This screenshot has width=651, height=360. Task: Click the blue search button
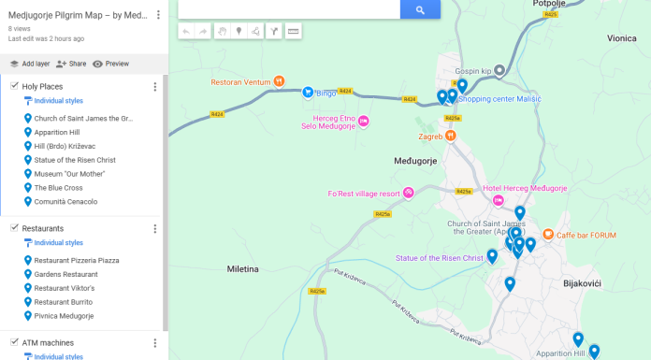click(x=420, y=9)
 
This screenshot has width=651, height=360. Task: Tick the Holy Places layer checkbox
click(x=14, y=86)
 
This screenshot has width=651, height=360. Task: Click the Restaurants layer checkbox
click(x=14, y=228)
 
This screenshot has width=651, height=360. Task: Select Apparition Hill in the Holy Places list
click(x=56, y=133)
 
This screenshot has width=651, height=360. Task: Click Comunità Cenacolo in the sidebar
click(x=65, y=202)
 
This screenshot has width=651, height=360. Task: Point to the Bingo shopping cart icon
click(x=307, y=93)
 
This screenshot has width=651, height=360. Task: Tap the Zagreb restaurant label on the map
click(x=430, y=136)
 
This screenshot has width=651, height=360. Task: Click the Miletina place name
click(x=242, y=268)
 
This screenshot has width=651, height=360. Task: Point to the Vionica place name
click(x=621, y=38)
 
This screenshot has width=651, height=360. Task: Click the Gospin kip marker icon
click(x=499, y=70)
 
